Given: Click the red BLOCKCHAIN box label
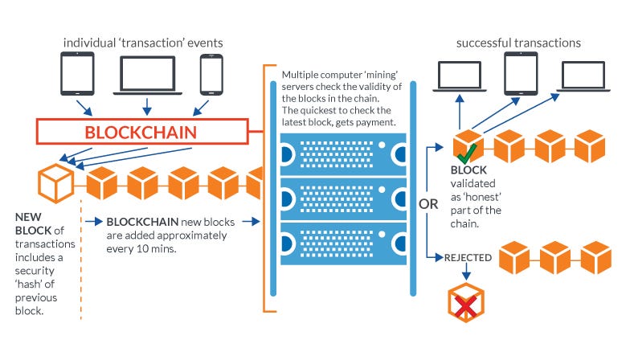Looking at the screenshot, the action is (141, 132).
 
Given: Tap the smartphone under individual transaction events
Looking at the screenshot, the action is (211, 75).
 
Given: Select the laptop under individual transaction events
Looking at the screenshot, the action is (148, 76).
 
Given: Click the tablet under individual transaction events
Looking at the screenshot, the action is (77, 74).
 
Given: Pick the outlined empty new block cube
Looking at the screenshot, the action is (56, 183).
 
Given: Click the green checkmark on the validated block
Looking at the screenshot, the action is (468, 153).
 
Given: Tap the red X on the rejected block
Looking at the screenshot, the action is (466, 307).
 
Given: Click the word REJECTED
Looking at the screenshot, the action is (468, 257).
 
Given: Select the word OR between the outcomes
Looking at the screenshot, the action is (428, 204).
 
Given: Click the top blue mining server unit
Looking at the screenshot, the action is (344, 154).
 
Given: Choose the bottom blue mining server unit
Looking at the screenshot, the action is (344, 244).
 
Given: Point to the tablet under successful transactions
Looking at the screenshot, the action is (521, 74).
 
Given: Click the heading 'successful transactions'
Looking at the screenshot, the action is (518, 43).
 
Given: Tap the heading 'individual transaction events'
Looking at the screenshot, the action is (143, 43).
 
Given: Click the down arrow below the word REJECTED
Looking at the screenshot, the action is (466, 272).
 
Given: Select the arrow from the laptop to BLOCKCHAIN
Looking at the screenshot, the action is (147, 107).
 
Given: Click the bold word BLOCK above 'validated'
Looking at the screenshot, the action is (468, 170).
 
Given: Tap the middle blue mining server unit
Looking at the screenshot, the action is (344, 199).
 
